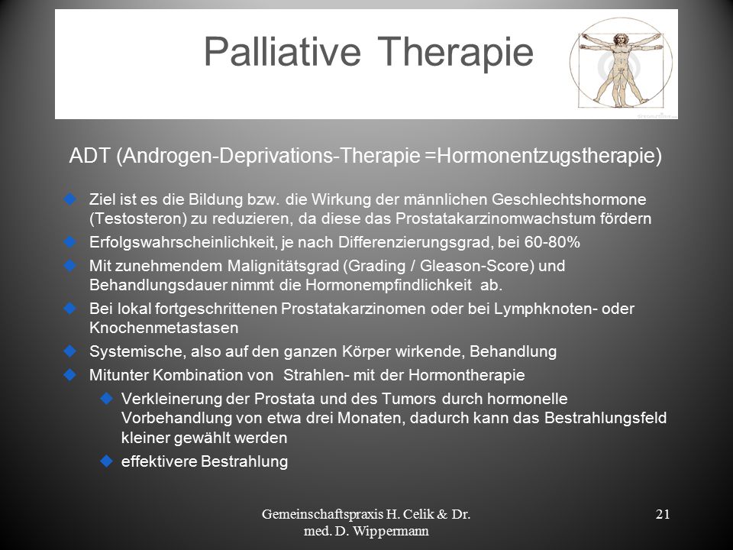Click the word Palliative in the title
pyautogui.click(x=283, y=51)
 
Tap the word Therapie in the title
pyautogui.click(x=456, y=53)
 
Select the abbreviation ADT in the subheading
pyautogui.click(x=90, y=156)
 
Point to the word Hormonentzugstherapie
pyautogui.click(x=549, y=156)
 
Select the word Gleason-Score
pyautogui.click(x=476, y=266)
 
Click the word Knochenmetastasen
pyautogui.click(x=163, y=328)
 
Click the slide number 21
pyautogui.click(x=663, y=514)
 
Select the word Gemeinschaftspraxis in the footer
pyautogui.click(x=322, y=514)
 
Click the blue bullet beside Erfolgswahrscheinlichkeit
pyautogui.click(x=70, y=242)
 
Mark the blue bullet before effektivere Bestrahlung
pyautogui.click(x=107, y=461)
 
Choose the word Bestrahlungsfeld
pyautogui.click(x=605, y=418)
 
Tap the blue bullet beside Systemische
pyautogui.click(x=70, y=351)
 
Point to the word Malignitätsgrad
pyautogui.click(x=284, y=266)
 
